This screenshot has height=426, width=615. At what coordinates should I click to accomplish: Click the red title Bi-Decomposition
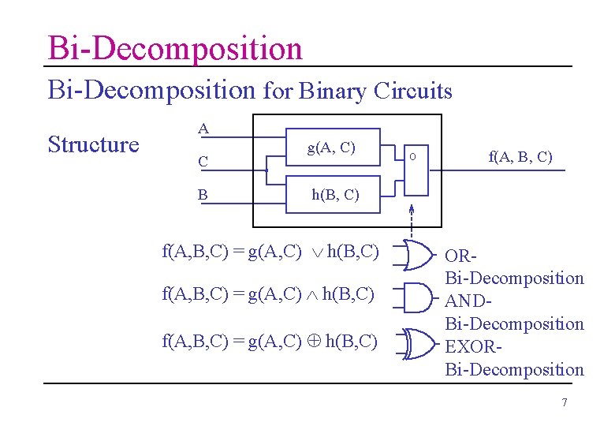pos(174,48)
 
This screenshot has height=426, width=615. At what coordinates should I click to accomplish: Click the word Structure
pos(93,144)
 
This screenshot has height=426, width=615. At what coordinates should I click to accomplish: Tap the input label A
pos(203,128)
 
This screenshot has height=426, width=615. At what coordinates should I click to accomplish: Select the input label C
pos(203,162)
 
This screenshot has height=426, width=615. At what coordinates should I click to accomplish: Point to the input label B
pos(203,195)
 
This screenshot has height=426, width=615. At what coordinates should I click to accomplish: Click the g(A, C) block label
pos(331,148)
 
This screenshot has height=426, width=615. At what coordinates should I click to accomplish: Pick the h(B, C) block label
pos(335,195)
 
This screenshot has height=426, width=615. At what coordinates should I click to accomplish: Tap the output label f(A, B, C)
pos(520,157)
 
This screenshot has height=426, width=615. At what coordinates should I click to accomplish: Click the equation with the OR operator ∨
pos(270,252)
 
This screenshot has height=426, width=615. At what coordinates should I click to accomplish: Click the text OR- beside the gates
pos(462,256)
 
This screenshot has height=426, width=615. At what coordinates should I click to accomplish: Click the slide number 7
pos(564,403)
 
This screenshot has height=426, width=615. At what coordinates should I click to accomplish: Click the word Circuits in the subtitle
pos(413,92)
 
